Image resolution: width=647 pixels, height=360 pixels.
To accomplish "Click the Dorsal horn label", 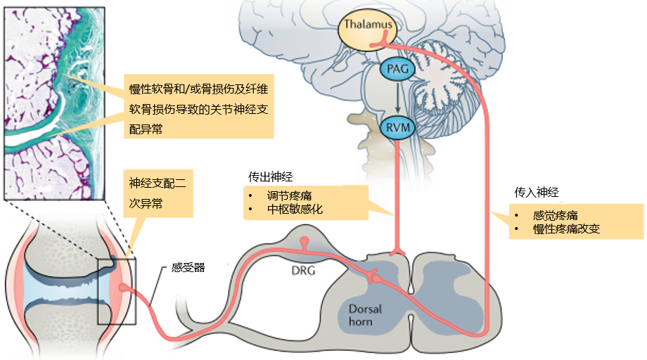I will [364, 315].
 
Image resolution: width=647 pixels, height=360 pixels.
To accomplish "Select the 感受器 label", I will [188, 268].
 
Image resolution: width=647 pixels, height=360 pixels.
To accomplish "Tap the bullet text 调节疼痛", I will [288, 196].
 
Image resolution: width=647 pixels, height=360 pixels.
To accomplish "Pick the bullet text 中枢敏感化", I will [293, 210].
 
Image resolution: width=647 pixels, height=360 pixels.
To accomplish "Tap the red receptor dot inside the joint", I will [122, 288].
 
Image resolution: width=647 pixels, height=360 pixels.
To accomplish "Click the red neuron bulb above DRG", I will [304, 242].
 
